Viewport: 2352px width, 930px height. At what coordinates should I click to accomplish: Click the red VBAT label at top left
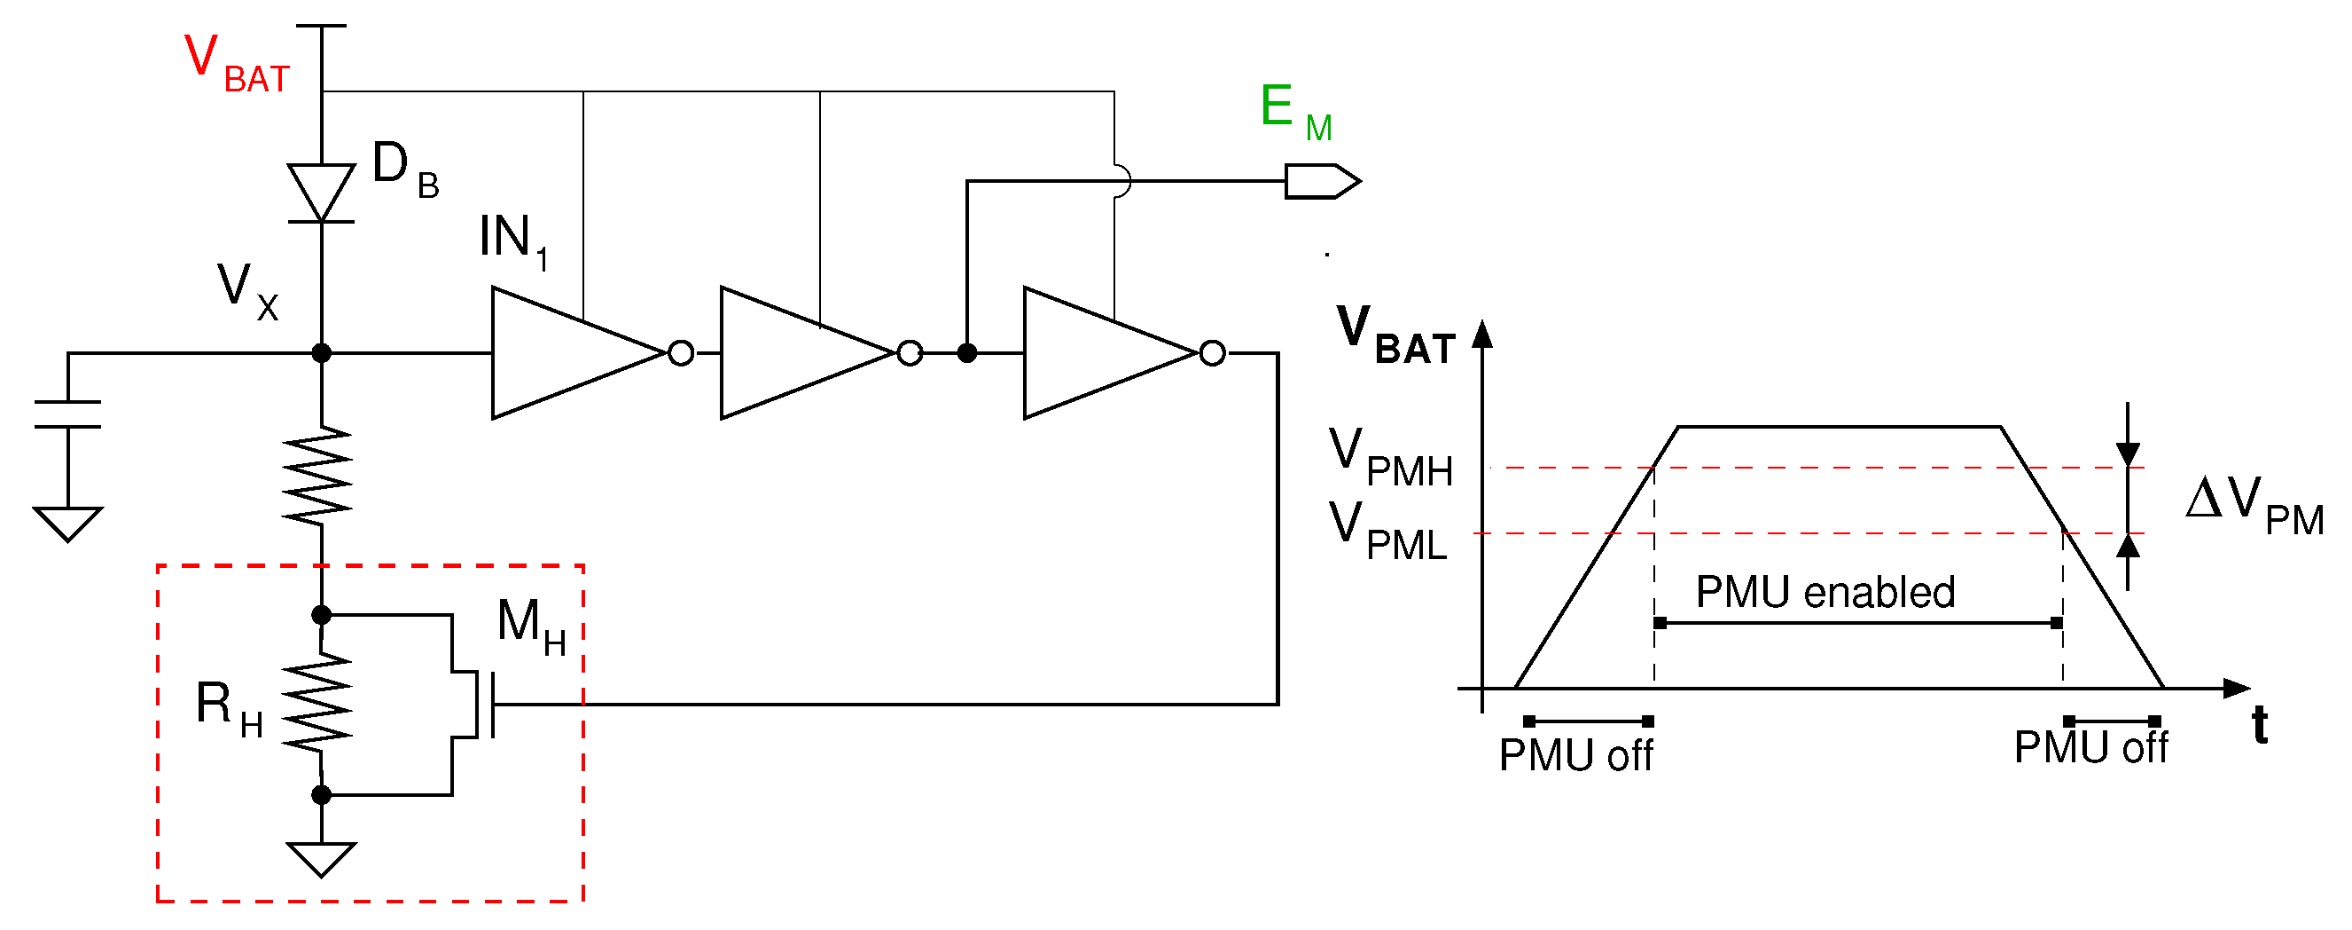click(x=236, y=64)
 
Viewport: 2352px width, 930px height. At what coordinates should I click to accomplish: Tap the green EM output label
click(x=1294, y=112)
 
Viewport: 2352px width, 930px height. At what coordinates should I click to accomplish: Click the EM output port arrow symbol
click(x=1321, y=181)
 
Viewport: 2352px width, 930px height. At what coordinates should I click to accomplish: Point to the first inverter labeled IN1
click(x=575, y=352)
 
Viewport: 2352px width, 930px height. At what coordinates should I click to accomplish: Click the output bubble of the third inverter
click(x=1212, y=352)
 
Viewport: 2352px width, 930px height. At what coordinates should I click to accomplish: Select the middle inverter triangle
click(x=803, y=352)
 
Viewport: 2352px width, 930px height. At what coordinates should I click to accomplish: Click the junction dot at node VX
click(x=322, y=352)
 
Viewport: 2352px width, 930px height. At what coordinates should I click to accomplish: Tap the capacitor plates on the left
click(x=67, y=414)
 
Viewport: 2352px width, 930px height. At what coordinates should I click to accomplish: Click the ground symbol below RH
click(x=322, y=857)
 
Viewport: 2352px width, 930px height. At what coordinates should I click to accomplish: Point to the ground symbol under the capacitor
click(x=67, y=523)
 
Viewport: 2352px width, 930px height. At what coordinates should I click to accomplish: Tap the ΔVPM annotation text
click(x=2254, y=505)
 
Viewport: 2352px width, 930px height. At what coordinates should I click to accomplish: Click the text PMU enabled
click(x=1825, y=592)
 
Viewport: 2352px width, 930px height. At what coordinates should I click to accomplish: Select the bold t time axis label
click(x=2259, y=725)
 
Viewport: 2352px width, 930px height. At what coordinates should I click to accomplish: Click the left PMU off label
click(x=1575, y=755)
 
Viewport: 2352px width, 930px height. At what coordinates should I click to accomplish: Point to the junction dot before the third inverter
click(x=967, y=352)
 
